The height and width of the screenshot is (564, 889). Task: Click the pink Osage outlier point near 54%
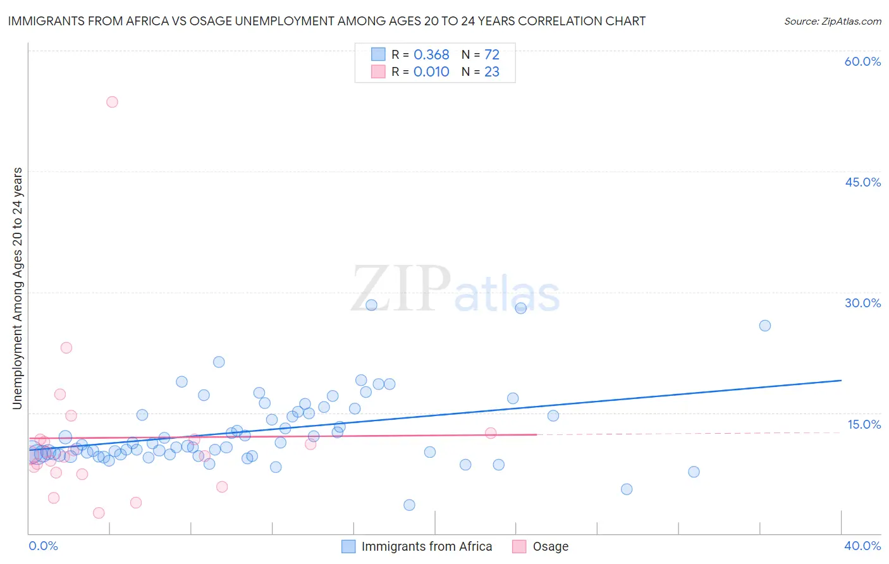click(x=112, y=102)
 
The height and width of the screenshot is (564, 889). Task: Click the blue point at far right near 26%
click(x=764, y=326)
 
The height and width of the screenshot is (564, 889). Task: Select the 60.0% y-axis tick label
click(x=862, y=61)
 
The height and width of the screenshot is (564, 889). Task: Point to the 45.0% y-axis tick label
click(x=862, y=182)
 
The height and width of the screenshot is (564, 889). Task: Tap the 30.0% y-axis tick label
click(x=862, y=303)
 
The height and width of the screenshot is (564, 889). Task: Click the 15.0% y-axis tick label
click(x=864, y=424)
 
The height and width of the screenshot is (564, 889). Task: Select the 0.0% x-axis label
click(x=43, y=546)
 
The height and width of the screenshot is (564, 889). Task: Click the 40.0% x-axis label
click(x=862, y=546)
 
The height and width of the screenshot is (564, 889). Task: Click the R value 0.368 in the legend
click(x=431, y=55)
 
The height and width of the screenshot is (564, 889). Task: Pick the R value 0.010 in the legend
click(x=431, y=72)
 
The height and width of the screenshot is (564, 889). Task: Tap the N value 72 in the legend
click(x=492, y=55)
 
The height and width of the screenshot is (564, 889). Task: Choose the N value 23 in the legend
click(x=492, y=72)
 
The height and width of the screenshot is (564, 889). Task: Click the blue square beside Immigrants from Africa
click(x=348, y=546)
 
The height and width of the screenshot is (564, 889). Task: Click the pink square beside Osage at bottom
click(x=519, y=546)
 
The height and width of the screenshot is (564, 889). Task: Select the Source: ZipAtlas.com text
click(x=832, y=21)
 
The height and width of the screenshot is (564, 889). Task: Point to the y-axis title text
click(x=18, y=288)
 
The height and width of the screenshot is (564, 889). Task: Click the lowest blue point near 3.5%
click(x=409, y=505)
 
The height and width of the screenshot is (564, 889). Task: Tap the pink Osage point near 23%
click(x=66, y=348)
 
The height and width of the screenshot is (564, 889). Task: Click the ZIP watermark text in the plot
click(x=401, y=289)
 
